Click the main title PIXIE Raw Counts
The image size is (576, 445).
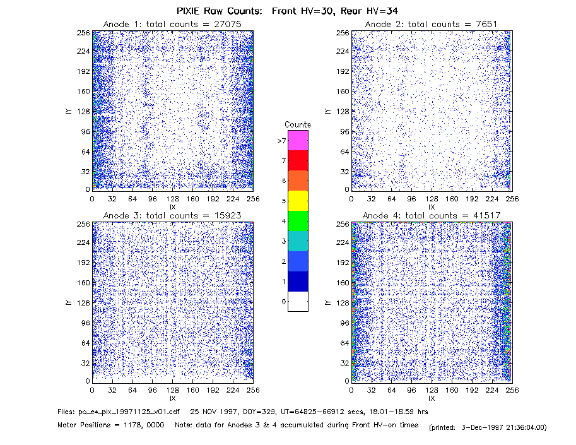click(220, 11)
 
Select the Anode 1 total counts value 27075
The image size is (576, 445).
click(228, 24)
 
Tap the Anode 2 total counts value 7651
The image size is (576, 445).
click(486, 24)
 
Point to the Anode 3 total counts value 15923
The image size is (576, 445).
click(228, 215)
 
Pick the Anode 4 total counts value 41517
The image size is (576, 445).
click(487, 215)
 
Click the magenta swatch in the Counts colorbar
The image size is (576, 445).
click(298, 140)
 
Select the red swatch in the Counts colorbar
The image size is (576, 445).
click(298, 160)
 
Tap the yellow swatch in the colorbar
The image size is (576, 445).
click(298, 201)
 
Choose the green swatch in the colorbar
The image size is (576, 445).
click(298, 221)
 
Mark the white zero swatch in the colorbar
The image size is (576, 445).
click(298, 301)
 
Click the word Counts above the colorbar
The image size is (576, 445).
click(298, 124)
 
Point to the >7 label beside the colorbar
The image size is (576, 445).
click(282, 141)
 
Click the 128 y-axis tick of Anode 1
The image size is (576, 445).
click(83, 111)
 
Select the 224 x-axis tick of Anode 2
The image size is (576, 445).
click(492, 199)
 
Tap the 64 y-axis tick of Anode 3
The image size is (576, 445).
click(85, 343)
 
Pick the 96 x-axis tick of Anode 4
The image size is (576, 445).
click(411, 390)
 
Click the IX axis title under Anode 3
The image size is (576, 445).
click(173, 398)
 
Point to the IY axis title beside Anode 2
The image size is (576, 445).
click(327, 111)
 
